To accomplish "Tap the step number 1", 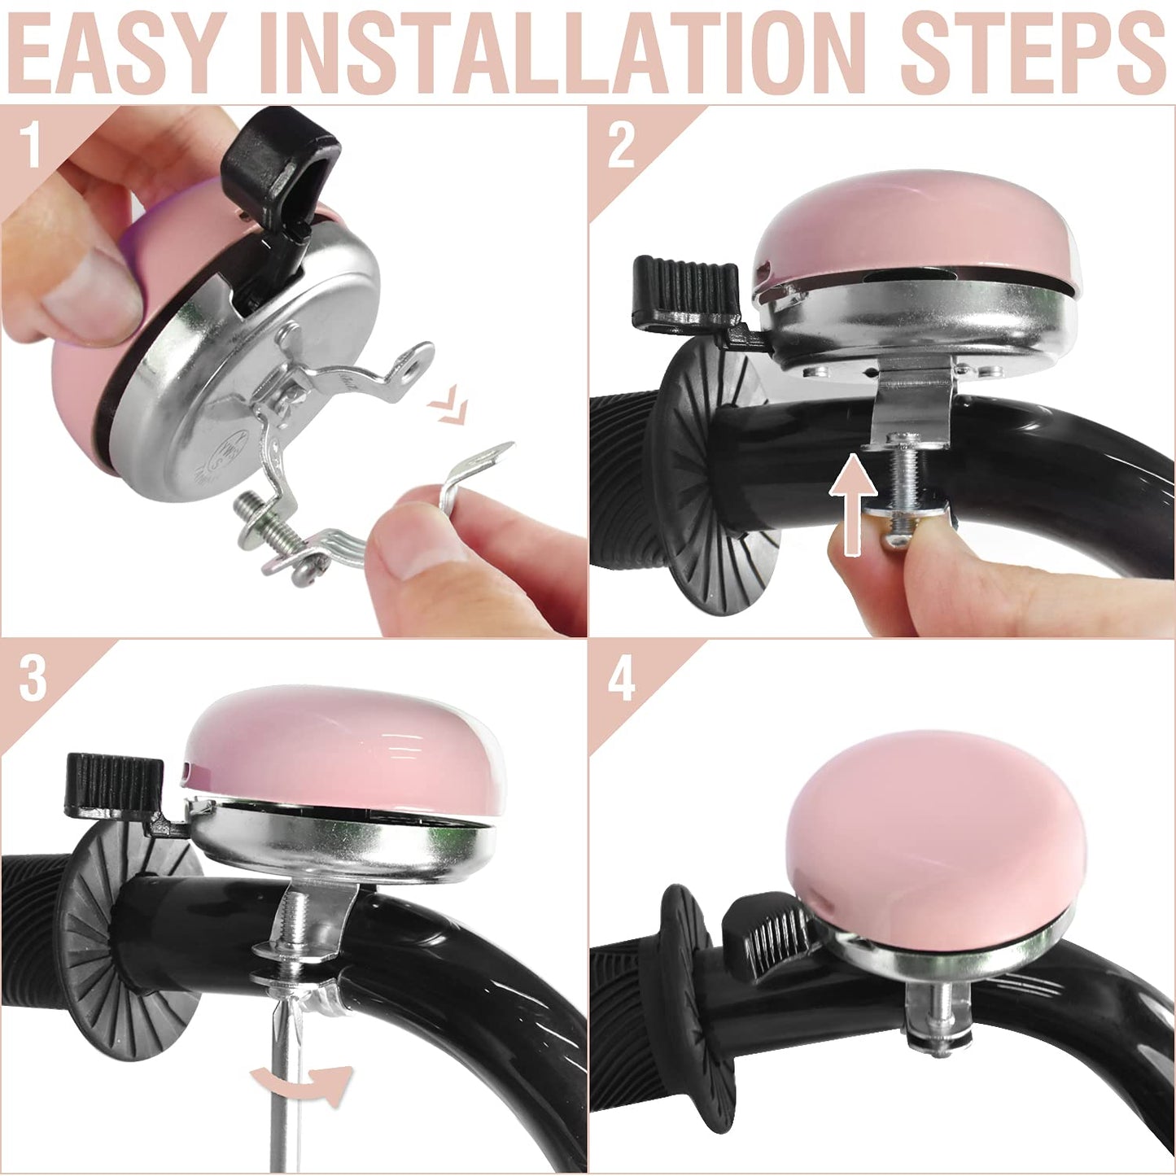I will pyautogui.click(x=31, y=144).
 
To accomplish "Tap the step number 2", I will pyautogui.click(x=621, y=146).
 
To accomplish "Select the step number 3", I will pyautogui.click(x=33, y=678).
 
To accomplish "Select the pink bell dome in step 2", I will pyautogui.click(x=916, y=228).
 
